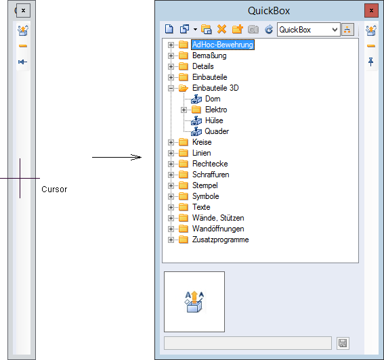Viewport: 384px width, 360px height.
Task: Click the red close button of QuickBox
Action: [x=371, y=11]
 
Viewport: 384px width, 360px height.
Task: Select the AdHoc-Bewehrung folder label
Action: [x=223, y=45]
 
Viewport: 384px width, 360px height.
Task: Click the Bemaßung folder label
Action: [x=209, y=55]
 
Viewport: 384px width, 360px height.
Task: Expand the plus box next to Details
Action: [x=171, y=66]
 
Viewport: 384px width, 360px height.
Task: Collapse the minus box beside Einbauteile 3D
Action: [x=171, y=88]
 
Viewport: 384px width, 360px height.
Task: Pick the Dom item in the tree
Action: [x=213, y=99]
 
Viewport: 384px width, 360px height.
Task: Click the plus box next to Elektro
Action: [x=184, y=110]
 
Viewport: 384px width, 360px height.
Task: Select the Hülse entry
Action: [x=214, y=120]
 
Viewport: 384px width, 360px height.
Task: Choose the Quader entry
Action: [x=217, y=131]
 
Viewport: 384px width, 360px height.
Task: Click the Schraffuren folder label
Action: [x=211, y=175]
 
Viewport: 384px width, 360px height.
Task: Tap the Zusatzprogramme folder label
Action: [x=220, y=240]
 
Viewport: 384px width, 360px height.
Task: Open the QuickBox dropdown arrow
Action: [x=335, y=30]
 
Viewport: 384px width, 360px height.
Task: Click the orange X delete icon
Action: [x=222, y=29]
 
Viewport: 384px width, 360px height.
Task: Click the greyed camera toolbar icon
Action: [x=253, y=29]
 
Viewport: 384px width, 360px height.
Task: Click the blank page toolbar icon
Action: [x=169, y=29]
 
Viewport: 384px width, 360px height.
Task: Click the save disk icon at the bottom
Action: [x=343, y=343]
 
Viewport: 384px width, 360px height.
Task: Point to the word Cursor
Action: [x=54, y=189]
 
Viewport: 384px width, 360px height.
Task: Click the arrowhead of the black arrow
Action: [x=137, y=157]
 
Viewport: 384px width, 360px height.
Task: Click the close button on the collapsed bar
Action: [x=23, y=11]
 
